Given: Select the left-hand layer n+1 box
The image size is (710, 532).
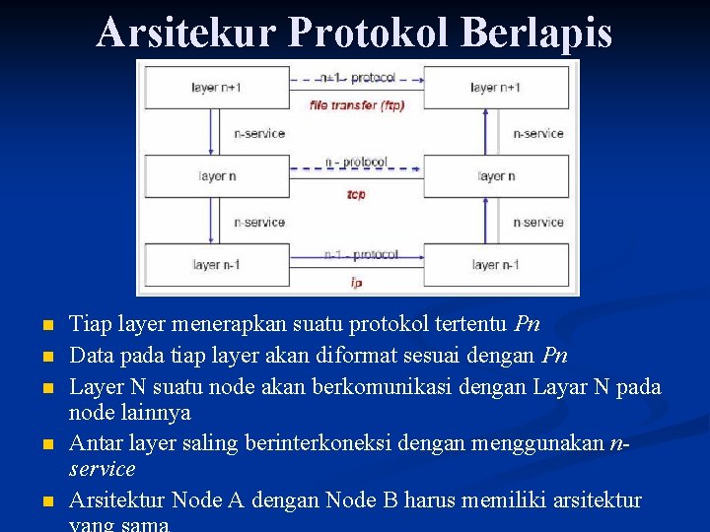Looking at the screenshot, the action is point(217,88).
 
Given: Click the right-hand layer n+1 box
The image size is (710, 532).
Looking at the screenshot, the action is point(496,88).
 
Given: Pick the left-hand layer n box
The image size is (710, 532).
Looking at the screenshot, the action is point(217,176).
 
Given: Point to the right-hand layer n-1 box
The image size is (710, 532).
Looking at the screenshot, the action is point(496,264).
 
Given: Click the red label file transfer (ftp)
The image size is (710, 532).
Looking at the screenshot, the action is point(357,104).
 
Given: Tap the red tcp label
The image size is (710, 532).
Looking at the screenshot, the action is point(356,194).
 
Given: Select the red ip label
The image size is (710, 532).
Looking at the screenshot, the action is point(356,282).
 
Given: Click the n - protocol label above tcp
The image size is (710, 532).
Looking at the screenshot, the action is point(356,163).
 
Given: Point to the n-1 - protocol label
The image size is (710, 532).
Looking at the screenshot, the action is point(361,254).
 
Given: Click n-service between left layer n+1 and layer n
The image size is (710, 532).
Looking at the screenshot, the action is point(259,133).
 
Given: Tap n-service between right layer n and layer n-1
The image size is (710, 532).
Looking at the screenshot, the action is point(538,223).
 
